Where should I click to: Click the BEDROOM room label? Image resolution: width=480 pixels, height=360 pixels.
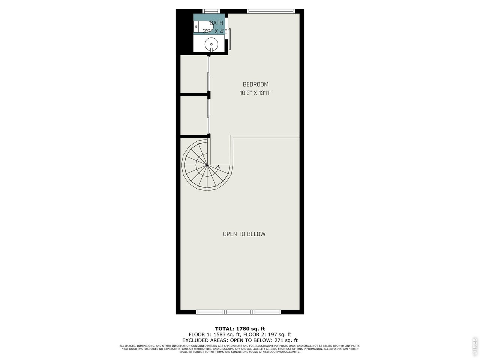[255, 84]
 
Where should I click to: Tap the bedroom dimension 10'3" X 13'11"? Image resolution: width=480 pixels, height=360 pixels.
[255, 93]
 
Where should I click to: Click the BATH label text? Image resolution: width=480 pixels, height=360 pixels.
[216, 23]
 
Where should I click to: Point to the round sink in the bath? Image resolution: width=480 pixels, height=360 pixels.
[211, 44]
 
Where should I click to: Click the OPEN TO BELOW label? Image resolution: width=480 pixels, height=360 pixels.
[244, 234]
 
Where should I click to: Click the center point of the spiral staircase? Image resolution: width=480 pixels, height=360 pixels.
[207, 165]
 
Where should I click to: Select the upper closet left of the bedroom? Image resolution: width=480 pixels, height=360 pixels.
[194, 73]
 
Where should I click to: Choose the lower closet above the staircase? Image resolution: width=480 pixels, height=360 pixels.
[194, 115]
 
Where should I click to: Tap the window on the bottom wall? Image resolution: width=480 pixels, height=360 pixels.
[239, 312]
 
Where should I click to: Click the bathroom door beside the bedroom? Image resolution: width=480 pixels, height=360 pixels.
[230, 39]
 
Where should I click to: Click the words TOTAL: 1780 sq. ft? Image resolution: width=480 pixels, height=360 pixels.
[240, 329]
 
